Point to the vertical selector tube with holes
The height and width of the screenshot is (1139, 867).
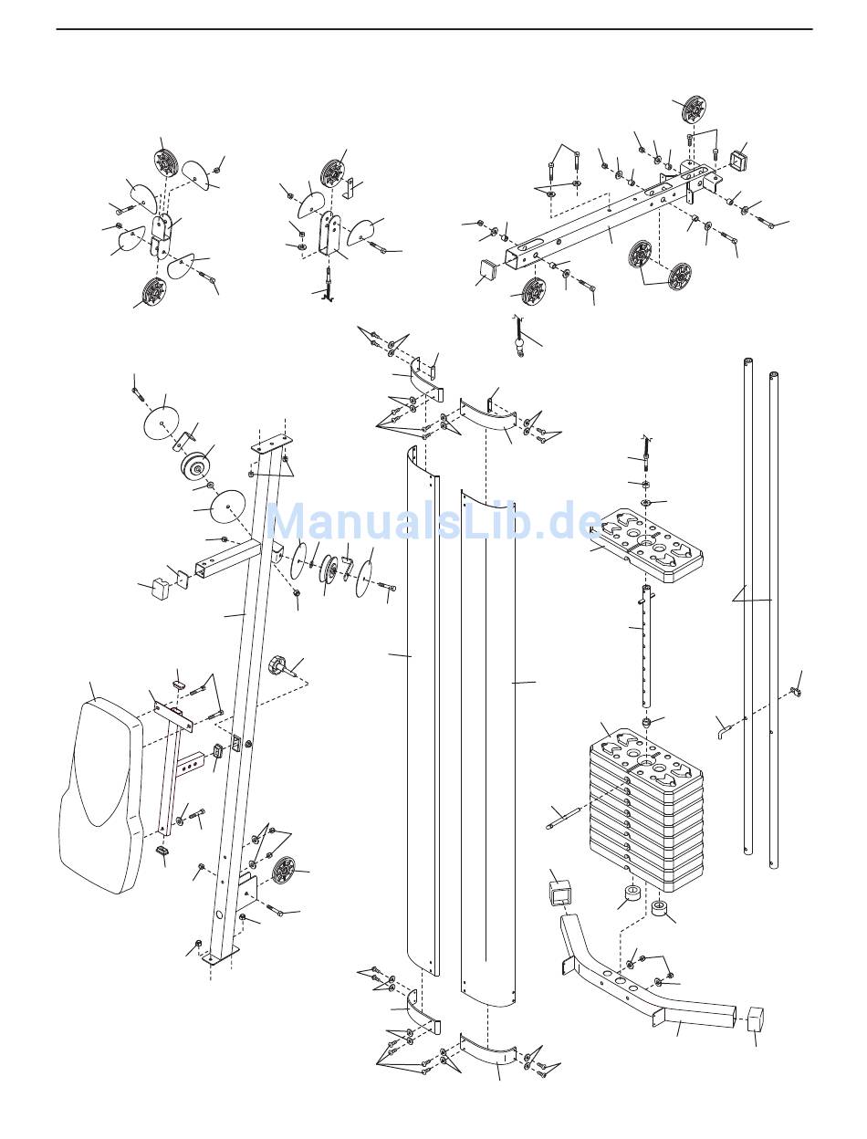[647, 646]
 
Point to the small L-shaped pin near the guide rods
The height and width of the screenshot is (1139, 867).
[726, 732]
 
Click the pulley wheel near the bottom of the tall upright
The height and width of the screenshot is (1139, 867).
[283, 871]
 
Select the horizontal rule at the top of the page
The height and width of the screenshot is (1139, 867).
[433, 29]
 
